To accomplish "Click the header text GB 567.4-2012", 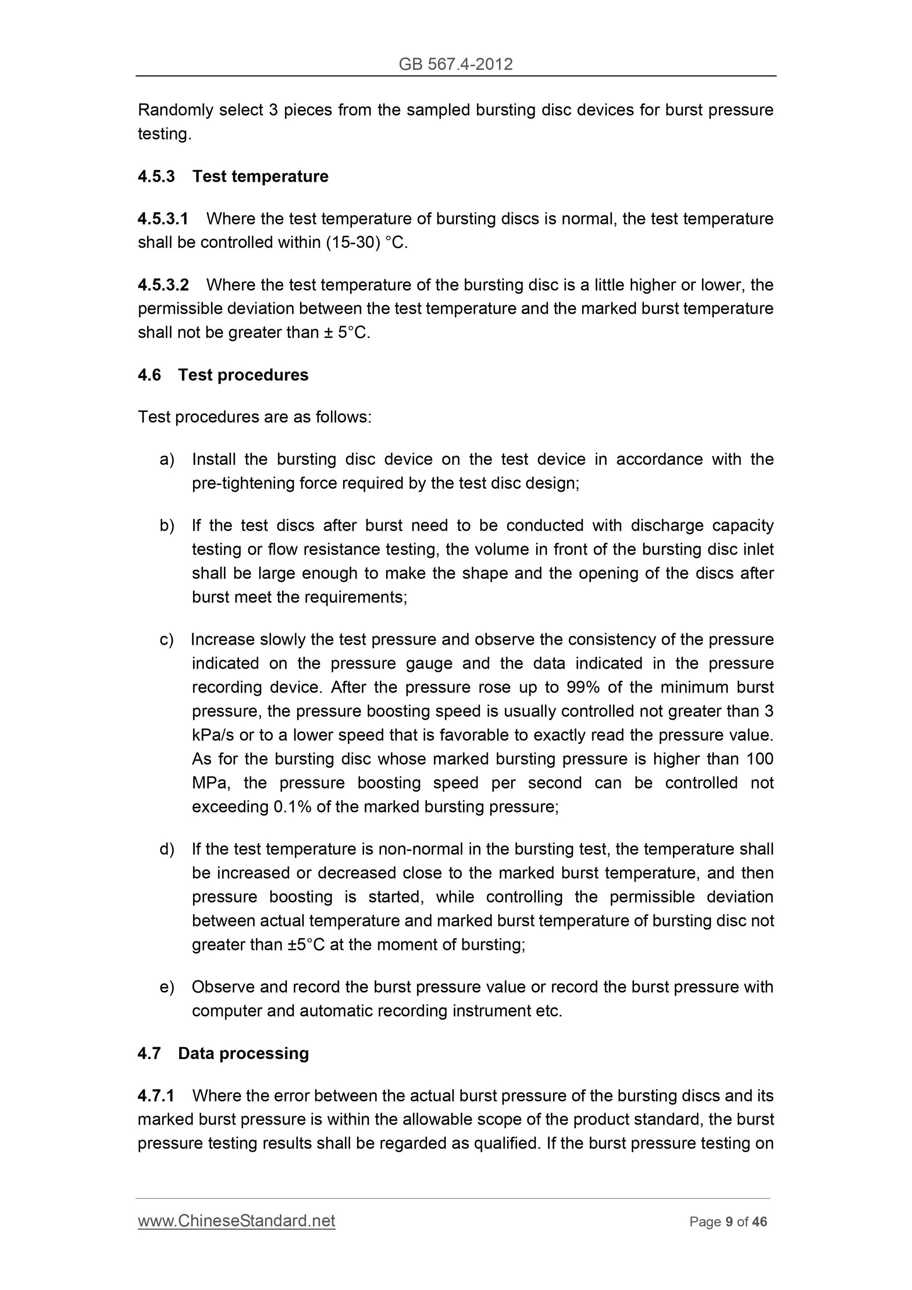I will (455, 64).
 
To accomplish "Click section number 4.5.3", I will (156, 176).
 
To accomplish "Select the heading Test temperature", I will (260, 176).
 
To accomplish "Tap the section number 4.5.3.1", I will (163, 218).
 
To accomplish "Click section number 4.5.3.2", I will (163, 285).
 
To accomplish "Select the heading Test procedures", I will (243, 375).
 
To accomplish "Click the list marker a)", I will (167, 460).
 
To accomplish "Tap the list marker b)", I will (167, 526).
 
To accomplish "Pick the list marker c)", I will (166, 640).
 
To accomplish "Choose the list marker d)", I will (167, 849).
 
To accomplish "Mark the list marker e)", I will (167, 987).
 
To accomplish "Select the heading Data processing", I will (243, 1053).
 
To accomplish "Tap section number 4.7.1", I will (156, 1096).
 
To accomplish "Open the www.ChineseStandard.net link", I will (236, 1221).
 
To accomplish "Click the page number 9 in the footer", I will (729, 1222).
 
